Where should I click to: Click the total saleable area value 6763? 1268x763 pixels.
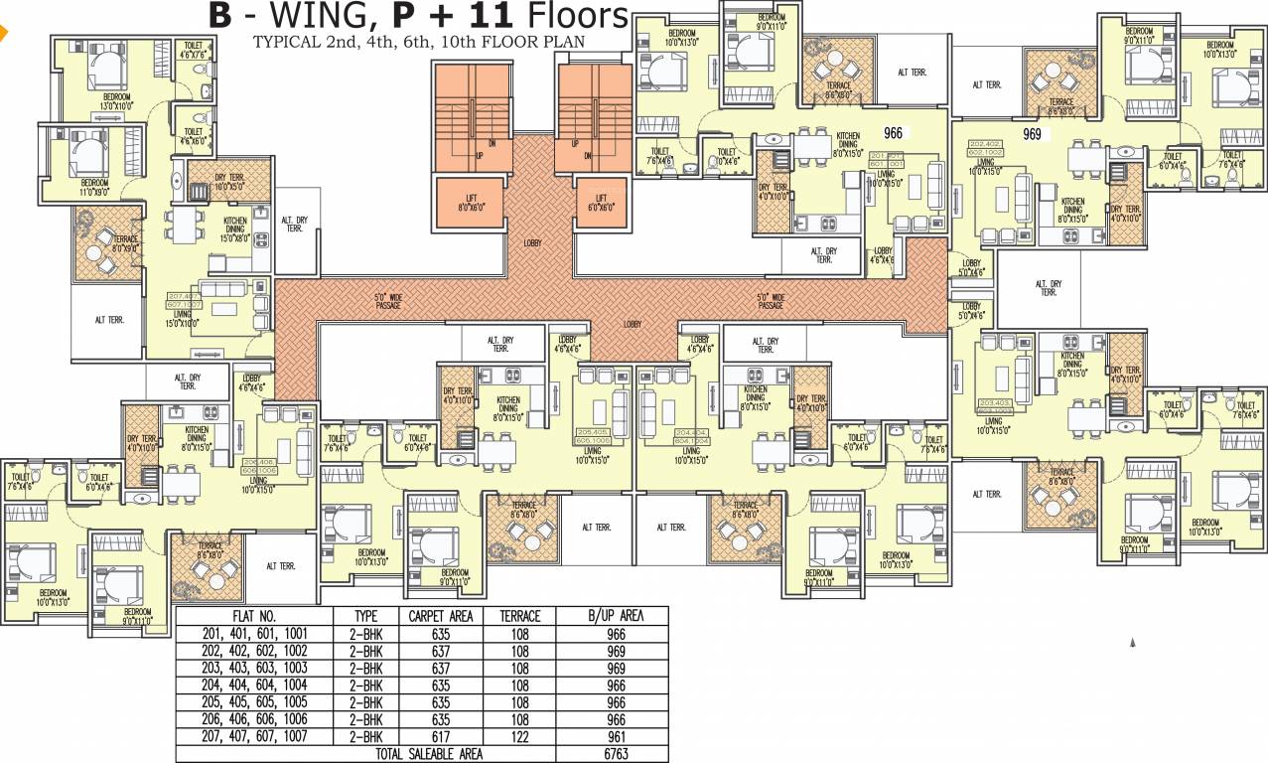point(612,754)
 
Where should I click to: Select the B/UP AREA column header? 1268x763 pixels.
point(612,616)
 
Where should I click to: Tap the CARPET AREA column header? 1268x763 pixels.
point(440,616)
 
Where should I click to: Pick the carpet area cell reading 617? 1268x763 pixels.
point(440,736)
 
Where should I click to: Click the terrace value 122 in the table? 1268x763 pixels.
point(519,736)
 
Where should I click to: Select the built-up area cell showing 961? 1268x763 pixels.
point(612,736)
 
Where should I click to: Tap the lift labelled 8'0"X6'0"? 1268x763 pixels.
point(470,203)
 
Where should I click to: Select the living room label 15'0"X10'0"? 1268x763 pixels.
point(182,319)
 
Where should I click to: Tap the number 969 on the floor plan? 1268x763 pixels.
point(1031,134)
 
